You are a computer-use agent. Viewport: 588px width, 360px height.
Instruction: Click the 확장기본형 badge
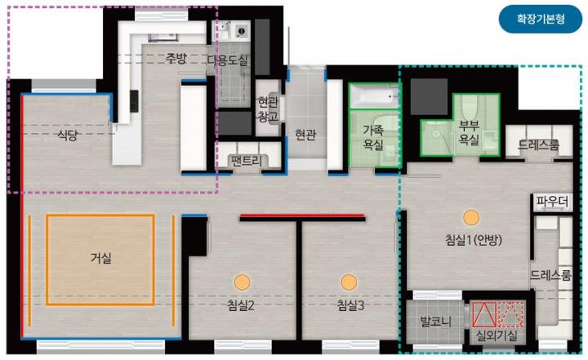pyautogui.click(x=541, y=19)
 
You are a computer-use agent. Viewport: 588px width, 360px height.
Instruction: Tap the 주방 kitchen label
pyautogui.click(x=176, y=58)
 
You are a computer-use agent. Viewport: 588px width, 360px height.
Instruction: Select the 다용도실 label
pyautogui.click(x=228, y=60)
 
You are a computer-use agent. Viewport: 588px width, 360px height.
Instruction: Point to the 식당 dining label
pyautogui.click(x=68, y=135)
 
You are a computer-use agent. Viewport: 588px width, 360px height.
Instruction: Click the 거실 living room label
pyautogui.click(x=101, y=258)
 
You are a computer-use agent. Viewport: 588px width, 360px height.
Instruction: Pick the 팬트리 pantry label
pyautogui.click(x=247, y=162)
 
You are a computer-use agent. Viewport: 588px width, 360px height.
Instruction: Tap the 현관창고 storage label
pyautogui.click(x=268, y=109)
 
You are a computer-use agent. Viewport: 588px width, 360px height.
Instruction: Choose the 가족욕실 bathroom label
pyautogui.click(x=373, y=137)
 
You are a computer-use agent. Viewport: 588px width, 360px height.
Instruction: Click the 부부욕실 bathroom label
pyautogui.click(x=469, y=133)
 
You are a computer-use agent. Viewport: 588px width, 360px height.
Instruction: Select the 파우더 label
pyautogui.click(x=551, y=202)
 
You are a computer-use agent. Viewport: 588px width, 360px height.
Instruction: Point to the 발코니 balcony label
pyautogui.click(x=435, y=322)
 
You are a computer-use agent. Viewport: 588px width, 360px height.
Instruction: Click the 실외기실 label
pyautogui.click(x=497, y=335)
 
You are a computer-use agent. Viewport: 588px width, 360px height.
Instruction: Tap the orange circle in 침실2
pyautogui.click(x=242, y=282)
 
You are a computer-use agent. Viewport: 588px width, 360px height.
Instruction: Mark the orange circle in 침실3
pyautogui.click(x=349, y=282)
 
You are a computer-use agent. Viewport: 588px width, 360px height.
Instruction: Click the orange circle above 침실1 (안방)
pyautogui.click(x=471, y=218)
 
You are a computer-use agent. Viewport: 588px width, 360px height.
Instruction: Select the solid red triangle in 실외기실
pyautogui.click(x=483, y=314)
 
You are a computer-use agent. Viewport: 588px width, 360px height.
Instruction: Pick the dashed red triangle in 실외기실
pyautogui.click(x=510, y=314)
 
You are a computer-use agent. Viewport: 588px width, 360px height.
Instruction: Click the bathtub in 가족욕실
pyautogui.click(x=373, y=96)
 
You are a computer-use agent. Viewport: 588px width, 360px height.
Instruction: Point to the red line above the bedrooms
pyautogui.click(x=302, y=216)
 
